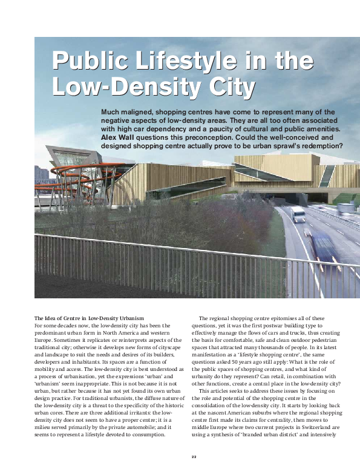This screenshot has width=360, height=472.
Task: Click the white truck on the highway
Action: point(298,214)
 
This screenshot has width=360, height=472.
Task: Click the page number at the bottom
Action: point(194,455)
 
